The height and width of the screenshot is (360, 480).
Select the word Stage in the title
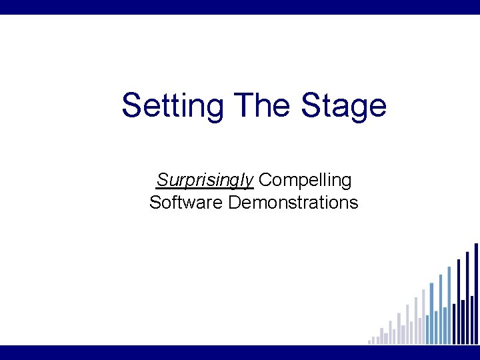coord(344,105)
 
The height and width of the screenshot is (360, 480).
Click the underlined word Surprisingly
coord(205,180)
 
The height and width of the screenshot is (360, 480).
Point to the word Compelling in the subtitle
coord(305,180)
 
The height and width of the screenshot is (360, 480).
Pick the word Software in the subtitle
coord(186,202)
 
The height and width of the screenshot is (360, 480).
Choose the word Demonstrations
coord(293,202)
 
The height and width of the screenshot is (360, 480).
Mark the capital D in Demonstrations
coord(234,202)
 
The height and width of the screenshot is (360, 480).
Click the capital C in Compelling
coord(264,180)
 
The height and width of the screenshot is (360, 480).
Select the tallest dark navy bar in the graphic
coord(476,293)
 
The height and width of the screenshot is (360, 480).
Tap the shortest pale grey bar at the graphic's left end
coord(369,342)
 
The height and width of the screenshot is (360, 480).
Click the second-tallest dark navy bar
coord(467,297)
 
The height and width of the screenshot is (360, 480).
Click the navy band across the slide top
coord(240,7)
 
